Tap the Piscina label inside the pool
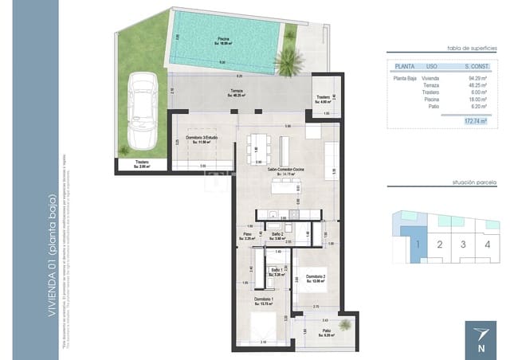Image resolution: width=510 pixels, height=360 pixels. [x=222, y=40]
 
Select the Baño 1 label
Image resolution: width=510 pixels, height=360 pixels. [x=277, y=272]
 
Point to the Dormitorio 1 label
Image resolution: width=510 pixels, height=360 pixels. [x=264, y=299]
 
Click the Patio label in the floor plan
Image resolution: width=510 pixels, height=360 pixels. [x=326, y=331]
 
